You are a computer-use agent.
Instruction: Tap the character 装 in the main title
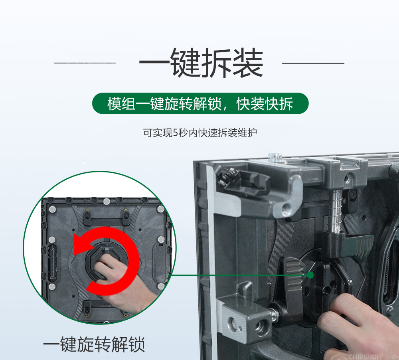(248, 63)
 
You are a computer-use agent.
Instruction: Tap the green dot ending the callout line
(310, 275)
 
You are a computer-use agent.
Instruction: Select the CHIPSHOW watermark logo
(365, 356)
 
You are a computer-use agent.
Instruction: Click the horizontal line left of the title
(85, 63)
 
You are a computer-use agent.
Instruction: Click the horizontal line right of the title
(313, 63)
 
